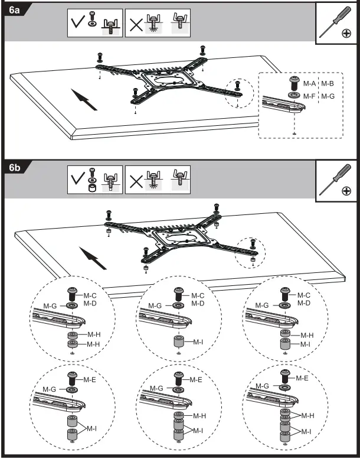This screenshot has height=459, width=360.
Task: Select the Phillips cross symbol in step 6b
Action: tap(345, 191)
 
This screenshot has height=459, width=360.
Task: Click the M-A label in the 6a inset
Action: tap(309, 84)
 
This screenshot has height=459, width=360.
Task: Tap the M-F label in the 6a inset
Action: tap(309, 95)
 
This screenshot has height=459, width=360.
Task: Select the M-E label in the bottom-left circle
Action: tap(90, 379)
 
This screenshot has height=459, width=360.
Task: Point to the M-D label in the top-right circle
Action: tap(304, 303)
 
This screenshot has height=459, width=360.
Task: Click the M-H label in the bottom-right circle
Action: tap(307, 415)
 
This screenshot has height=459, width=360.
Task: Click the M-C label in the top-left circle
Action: tap(90, 295)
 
